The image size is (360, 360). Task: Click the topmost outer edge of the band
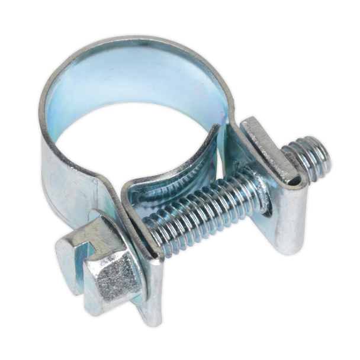tap(136, 38)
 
